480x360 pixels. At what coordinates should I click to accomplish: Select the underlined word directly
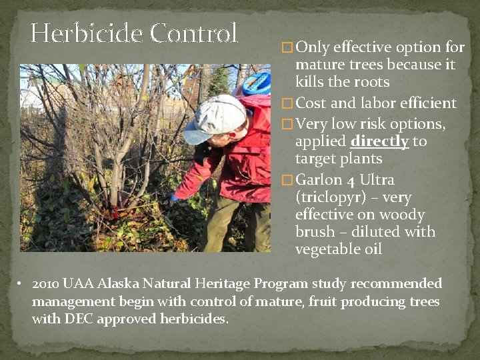point(379,141)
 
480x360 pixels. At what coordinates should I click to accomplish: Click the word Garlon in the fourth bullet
point(318,180)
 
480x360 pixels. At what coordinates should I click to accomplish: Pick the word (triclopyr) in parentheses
point(329,197)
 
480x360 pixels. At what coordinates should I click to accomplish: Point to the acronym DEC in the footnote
point(79,319)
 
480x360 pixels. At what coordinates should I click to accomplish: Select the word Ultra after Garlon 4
point(377,180)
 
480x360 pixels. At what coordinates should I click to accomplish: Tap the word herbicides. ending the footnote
point(195,319)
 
